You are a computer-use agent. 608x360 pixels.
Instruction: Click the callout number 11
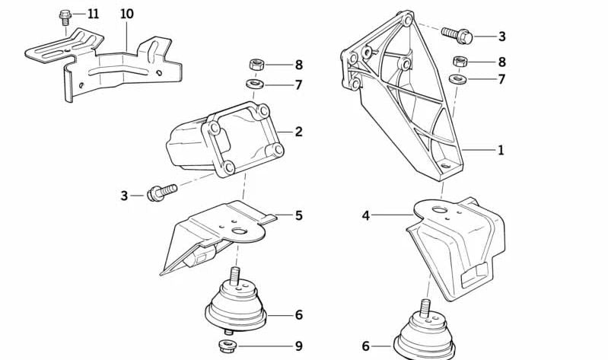point(93,14)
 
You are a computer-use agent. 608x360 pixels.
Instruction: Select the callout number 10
point(127,14)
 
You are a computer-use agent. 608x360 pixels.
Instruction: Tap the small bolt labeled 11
point(65,18)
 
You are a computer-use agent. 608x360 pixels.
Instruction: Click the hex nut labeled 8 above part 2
point(256,64)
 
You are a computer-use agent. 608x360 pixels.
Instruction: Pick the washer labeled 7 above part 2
point(255,84)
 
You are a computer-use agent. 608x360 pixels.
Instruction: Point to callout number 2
point(298,132)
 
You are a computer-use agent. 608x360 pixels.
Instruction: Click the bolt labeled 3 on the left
point(161,193)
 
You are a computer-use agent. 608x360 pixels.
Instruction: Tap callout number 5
point(298,215)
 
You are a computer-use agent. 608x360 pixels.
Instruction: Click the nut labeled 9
point(225,345)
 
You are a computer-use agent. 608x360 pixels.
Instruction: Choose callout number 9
point(298,346)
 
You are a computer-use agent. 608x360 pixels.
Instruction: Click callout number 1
point(501,150)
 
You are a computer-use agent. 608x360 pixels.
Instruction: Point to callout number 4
point(366,215)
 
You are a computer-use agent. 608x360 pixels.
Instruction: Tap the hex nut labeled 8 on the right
point(460,61)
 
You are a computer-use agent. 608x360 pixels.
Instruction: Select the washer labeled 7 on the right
point(458,78)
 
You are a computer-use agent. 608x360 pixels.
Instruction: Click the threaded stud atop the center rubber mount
point(235,276)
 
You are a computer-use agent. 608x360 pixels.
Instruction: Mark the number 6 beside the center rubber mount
point(298,315)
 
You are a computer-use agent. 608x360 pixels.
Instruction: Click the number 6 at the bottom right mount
point(366,346)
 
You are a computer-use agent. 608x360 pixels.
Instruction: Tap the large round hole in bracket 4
point(440,210)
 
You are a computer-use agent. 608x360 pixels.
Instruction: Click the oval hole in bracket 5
point(240,231)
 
